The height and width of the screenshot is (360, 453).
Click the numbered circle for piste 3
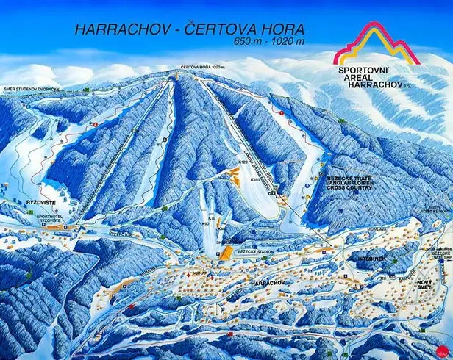tap(165, 138)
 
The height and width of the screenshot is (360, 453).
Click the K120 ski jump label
tap(243, 162)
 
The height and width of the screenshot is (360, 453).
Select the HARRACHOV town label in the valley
tap(268, 281)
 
